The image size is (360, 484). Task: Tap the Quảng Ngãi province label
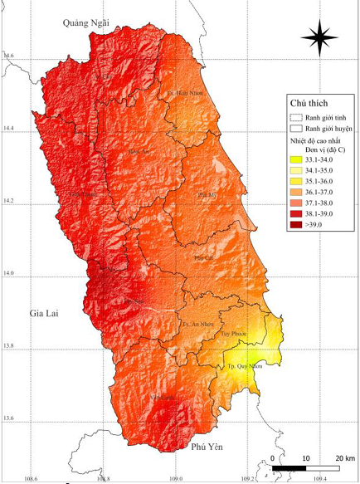coord(86,24)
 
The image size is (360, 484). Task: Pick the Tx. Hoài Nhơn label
coord(185,93)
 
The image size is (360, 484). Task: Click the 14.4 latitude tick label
coord(9,129)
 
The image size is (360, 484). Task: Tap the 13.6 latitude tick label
coord(9,418)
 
